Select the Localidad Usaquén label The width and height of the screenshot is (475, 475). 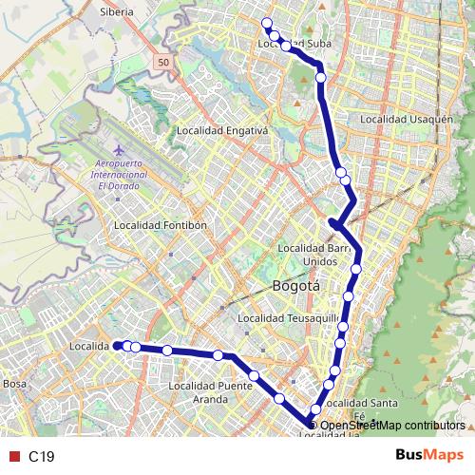[406, 120]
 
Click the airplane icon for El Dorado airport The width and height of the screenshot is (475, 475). [118, 151]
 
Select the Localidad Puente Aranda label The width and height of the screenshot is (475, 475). [209, 392]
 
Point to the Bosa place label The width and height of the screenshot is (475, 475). [14, 383]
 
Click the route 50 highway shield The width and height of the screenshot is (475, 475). [163, 62]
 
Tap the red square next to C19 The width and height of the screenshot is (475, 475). [14, 457]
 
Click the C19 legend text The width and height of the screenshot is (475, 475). [41, 457]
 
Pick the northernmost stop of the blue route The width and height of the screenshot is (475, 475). [267, 23]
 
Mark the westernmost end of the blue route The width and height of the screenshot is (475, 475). [118, 346]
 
